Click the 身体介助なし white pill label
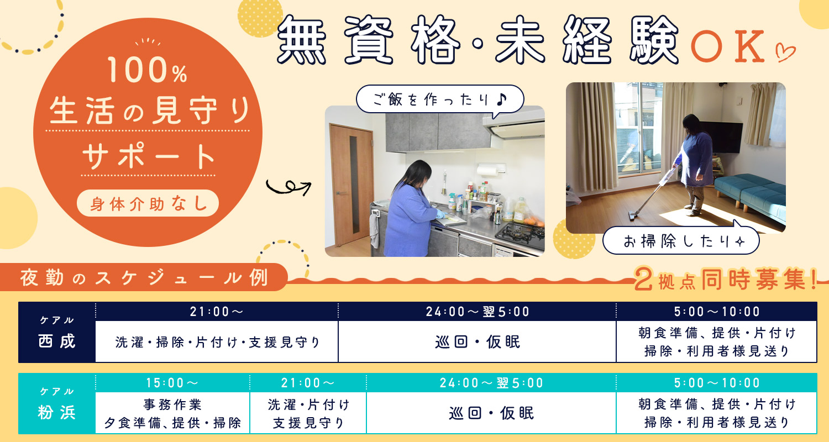(148, 203)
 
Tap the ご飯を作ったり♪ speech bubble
(440, 99)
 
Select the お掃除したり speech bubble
(681, 241)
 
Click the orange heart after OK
(785, 52)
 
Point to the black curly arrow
(288, 187)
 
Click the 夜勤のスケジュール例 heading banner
(144, 277)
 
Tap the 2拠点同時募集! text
(726, 280)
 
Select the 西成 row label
(57, 332)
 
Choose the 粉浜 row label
(57, 403)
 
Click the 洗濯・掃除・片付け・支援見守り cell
(217, 342)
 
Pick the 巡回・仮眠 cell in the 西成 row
(478, 342)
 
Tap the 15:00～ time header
(172, 383)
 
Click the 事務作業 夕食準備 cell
(172, 413)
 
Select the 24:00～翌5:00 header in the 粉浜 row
(491, 383)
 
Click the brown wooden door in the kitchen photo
(351, 185)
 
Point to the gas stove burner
(520, 233)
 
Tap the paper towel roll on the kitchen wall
(490, 170)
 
